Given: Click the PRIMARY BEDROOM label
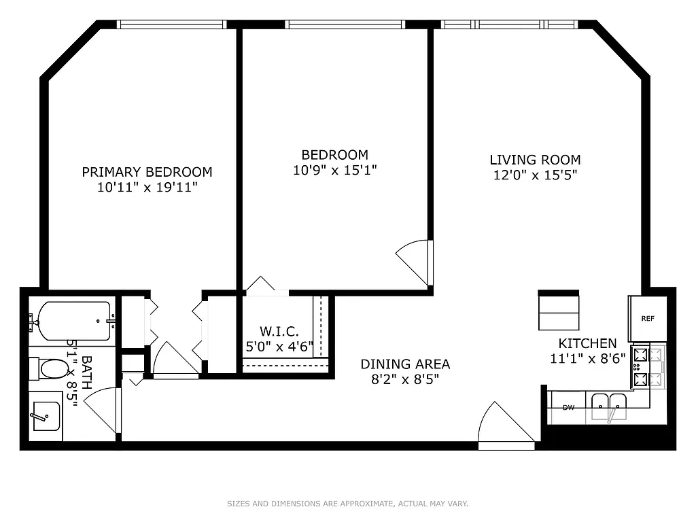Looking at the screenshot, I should (147, 172).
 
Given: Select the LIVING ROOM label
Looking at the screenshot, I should (535, 160).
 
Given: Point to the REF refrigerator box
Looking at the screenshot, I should (648, 318).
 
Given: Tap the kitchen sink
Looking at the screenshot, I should (609, 408).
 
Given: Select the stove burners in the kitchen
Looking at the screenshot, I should (640, 367).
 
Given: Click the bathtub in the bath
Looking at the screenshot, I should (73, 321).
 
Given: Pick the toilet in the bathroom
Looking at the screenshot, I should (51, 370).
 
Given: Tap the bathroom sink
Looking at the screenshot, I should (46, 415).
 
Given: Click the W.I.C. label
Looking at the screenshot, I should (279, 331).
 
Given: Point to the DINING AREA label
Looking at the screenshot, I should (405, 364).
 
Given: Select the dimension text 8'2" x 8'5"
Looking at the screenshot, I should (405, 380).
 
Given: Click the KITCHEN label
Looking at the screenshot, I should (587, 344).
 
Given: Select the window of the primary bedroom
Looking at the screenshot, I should (171, 24).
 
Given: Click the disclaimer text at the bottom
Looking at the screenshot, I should (347, 504).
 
